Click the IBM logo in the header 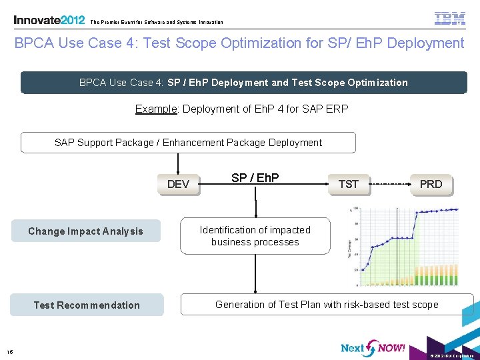[450, 19]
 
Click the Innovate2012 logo [49, 20]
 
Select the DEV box [178, 184]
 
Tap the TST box [349, 184]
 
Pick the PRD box [431, 184]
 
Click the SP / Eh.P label [255, 178]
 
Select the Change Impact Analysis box [85, 231]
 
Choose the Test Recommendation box [87, 305]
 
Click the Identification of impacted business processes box [255, 236]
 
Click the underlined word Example [155, 109]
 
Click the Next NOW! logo [373, 348]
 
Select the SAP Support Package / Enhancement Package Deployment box [188, 143]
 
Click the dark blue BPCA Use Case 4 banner [243, 83]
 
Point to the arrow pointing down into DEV [178, 164]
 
